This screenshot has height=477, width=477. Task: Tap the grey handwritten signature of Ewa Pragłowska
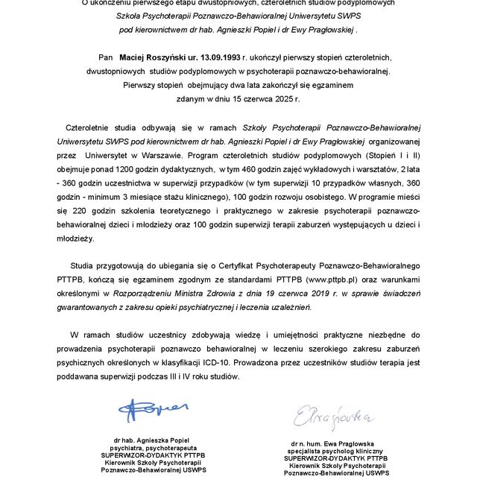coord(332,416)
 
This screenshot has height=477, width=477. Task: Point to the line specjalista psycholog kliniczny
coord(337,451)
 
